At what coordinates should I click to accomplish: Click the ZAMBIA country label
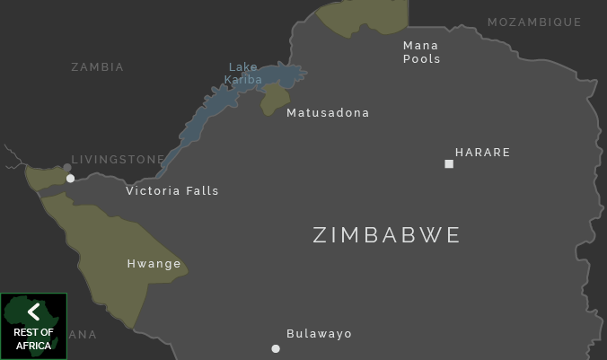tap(97, 67)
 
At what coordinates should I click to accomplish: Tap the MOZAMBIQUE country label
tap(534, 22)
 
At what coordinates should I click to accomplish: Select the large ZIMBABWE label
tap(386, 235)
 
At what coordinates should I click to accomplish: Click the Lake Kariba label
tap(243, 74)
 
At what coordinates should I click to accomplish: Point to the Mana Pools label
tap(421, 52)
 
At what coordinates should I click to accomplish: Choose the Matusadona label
tap(328, 113)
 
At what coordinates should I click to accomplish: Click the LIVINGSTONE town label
tap(119, 160)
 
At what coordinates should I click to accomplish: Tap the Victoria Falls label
tap(172, 191)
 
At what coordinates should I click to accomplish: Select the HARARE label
tap(482, 153)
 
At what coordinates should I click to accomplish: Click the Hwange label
tap(154, 264)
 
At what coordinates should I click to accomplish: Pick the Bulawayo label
tap(319, 334)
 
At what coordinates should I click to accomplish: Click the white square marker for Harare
tap(449, 163)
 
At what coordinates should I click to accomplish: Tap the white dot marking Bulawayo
tap(276, 348)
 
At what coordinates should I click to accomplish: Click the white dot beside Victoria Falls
tap(71, 179)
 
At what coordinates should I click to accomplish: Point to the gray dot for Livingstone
tap(67, 168)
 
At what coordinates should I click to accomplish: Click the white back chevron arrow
tap(33, 312)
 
